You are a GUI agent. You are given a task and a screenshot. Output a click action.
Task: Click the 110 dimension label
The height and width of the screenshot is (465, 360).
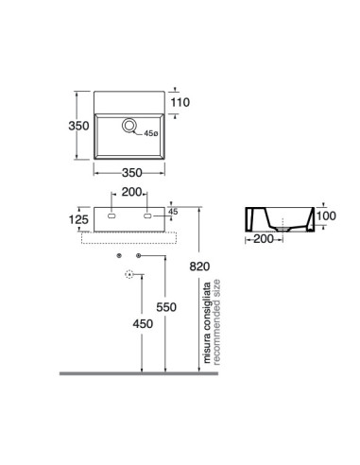point(180,102)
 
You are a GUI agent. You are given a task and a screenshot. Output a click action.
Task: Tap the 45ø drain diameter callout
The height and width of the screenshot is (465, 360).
point(151,133)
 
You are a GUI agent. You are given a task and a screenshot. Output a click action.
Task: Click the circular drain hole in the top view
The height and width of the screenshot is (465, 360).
point(129,126)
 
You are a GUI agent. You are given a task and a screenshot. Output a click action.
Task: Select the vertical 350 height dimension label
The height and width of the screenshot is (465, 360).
point(78,126)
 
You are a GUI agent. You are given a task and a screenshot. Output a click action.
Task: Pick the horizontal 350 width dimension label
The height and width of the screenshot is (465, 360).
point(132,173)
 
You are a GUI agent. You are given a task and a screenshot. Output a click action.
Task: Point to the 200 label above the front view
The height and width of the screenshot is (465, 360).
point(132,192)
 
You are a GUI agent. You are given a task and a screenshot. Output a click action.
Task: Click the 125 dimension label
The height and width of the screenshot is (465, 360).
point(78,219)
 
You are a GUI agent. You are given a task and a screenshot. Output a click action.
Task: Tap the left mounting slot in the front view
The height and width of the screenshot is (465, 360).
point(111,215)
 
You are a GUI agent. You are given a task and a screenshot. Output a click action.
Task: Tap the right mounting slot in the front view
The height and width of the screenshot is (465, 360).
point(147,215)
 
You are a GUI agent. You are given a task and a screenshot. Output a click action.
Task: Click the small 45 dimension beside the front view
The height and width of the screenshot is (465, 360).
point(173,212)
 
